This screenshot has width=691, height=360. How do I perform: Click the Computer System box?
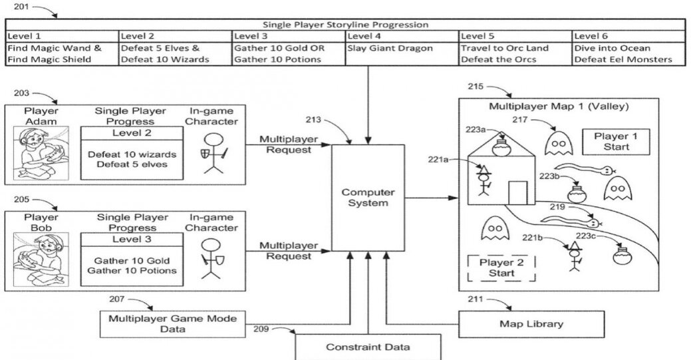tap(368, 197)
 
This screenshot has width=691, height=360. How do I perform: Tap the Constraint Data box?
tap(368, 347)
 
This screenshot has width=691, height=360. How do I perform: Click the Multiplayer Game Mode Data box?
tap(172, 324)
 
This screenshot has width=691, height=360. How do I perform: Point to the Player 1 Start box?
tap(615, 141)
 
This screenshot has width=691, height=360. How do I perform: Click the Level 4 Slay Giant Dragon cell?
tap(401, 54)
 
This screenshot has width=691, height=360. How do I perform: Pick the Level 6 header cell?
tap(628, 37)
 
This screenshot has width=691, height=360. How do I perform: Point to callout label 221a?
tap(441, 160)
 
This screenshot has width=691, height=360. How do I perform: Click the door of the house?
tap(517, 192)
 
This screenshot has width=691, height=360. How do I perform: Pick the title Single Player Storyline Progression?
tap(345, 25)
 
